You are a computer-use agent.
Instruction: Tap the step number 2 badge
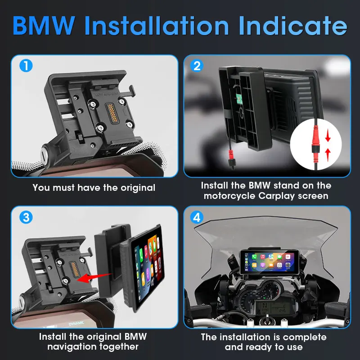[x=197, y=66]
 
